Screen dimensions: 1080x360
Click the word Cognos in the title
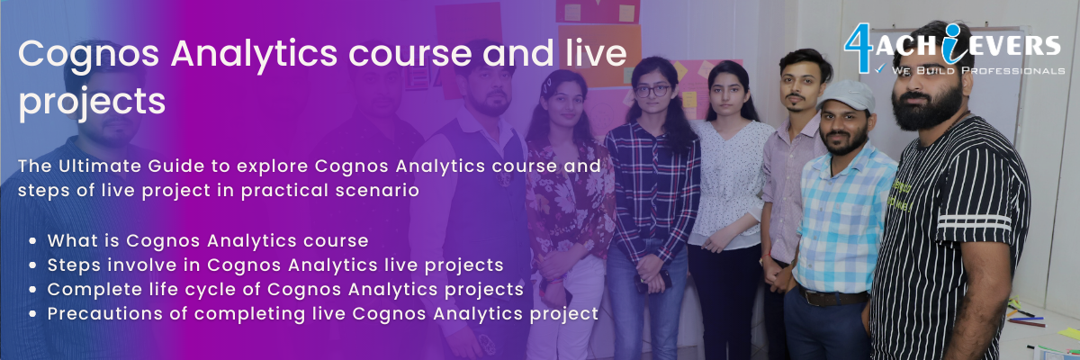click(89, 53)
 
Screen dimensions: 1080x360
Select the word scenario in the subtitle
click(377, 190)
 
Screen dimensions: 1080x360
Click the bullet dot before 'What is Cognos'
click(32, 240)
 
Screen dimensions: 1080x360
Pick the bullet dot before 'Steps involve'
click(32, 265)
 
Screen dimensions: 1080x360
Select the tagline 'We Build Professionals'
click(977, 71)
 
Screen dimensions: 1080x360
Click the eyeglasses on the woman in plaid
click(653, 91)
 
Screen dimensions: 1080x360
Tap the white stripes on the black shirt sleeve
click(974, 223)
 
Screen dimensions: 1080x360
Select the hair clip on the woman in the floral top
click(546, 87)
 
